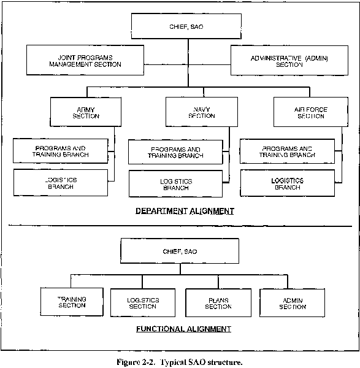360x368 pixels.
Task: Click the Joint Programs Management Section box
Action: (85, 60)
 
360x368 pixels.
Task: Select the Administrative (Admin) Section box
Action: (289, 61)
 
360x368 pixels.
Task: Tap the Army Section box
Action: (86, 112)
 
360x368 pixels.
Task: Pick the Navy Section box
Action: (202, 112)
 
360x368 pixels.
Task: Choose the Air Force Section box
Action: (311, 112)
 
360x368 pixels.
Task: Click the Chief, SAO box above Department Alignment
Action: (186, 26)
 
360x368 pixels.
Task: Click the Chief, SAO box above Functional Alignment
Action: (180, 251)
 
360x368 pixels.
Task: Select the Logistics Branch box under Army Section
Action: (61, 183)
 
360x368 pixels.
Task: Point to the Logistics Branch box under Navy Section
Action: (175, 184)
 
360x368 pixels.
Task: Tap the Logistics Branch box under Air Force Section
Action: (288, 183)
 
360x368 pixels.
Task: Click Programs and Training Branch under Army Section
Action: (61, 151)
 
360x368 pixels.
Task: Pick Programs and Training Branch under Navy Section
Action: (175, 152)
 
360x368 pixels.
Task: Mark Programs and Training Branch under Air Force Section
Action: (287, 151)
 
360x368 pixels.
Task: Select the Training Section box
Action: (72, 302)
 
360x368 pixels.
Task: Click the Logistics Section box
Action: (143, 303)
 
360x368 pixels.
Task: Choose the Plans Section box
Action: (218, 303)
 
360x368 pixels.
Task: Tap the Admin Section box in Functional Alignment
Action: (293, 303)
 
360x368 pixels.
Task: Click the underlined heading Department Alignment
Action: (185, 211)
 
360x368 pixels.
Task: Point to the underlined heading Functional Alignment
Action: (184, 329)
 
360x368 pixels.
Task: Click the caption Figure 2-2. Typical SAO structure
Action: (180, 362)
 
